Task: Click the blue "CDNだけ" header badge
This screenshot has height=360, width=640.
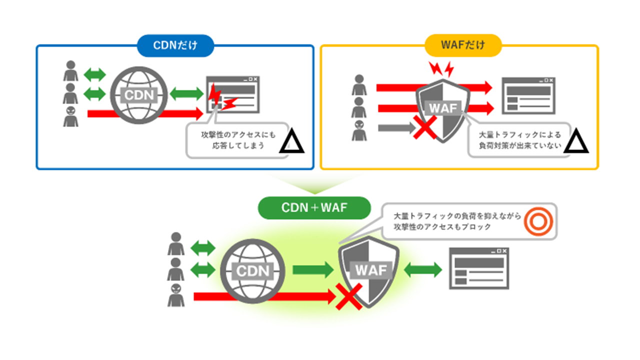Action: tap(175, 45)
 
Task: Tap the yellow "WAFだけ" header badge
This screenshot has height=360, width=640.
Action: tap(463, 45)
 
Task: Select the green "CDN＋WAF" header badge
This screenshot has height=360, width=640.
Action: tap(314, 207)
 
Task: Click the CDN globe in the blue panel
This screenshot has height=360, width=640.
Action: tap(139, 95)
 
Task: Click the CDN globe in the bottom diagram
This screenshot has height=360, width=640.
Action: tap(252, 271)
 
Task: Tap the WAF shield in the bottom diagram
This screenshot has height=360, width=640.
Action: tap(369, 271)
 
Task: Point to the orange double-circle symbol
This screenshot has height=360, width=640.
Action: tap(538, 221)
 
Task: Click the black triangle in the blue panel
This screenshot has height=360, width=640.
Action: tap(291, 141)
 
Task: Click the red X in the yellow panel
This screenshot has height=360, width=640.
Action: tap(425, 127)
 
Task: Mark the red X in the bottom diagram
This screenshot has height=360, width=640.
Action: tap(349, 296)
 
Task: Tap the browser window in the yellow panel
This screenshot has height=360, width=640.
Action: tap(528, 95)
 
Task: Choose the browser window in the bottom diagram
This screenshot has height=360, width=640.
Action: tap(479, 268)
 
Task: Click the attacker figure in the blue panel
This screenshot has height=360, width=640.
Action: tap(70, 116)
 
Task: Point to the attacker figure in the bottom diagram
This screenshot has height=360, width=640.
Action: tap(176, 295)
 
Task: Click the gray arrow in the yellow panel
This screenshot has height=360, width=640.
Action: tap(397, 127)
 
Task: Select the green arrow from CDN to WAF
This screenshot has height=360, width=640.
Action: tap(313, 270)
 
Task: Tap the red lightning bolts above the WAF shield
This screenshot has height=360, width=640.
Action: tap(441, 69)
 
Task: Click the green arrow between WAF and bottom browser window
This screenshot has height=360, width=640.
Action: tap(423, 269)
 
